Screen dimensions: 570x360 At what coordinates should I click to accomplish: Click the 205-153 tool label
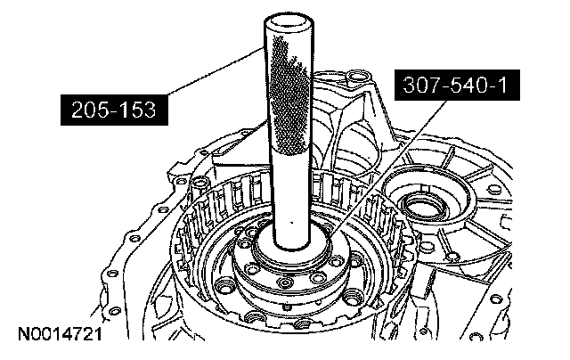pos(114,110)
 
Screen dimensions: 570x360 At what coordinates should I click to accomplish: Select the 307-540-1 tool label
pos(457,85)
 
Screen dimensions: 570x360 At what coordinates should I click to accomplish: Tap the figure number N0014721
pos(61,334)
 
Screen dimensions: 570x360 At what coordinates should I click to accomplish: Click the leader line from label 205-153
pos(215,71)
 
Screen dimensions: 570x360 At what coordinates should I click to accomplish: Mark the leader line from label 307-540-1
pos(390,167)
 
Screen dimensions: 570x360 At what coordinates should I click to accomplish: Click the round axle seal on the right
pos(424,209)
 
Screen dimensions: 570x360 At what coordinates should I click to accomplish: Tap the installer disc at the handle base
pos(293,247)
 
